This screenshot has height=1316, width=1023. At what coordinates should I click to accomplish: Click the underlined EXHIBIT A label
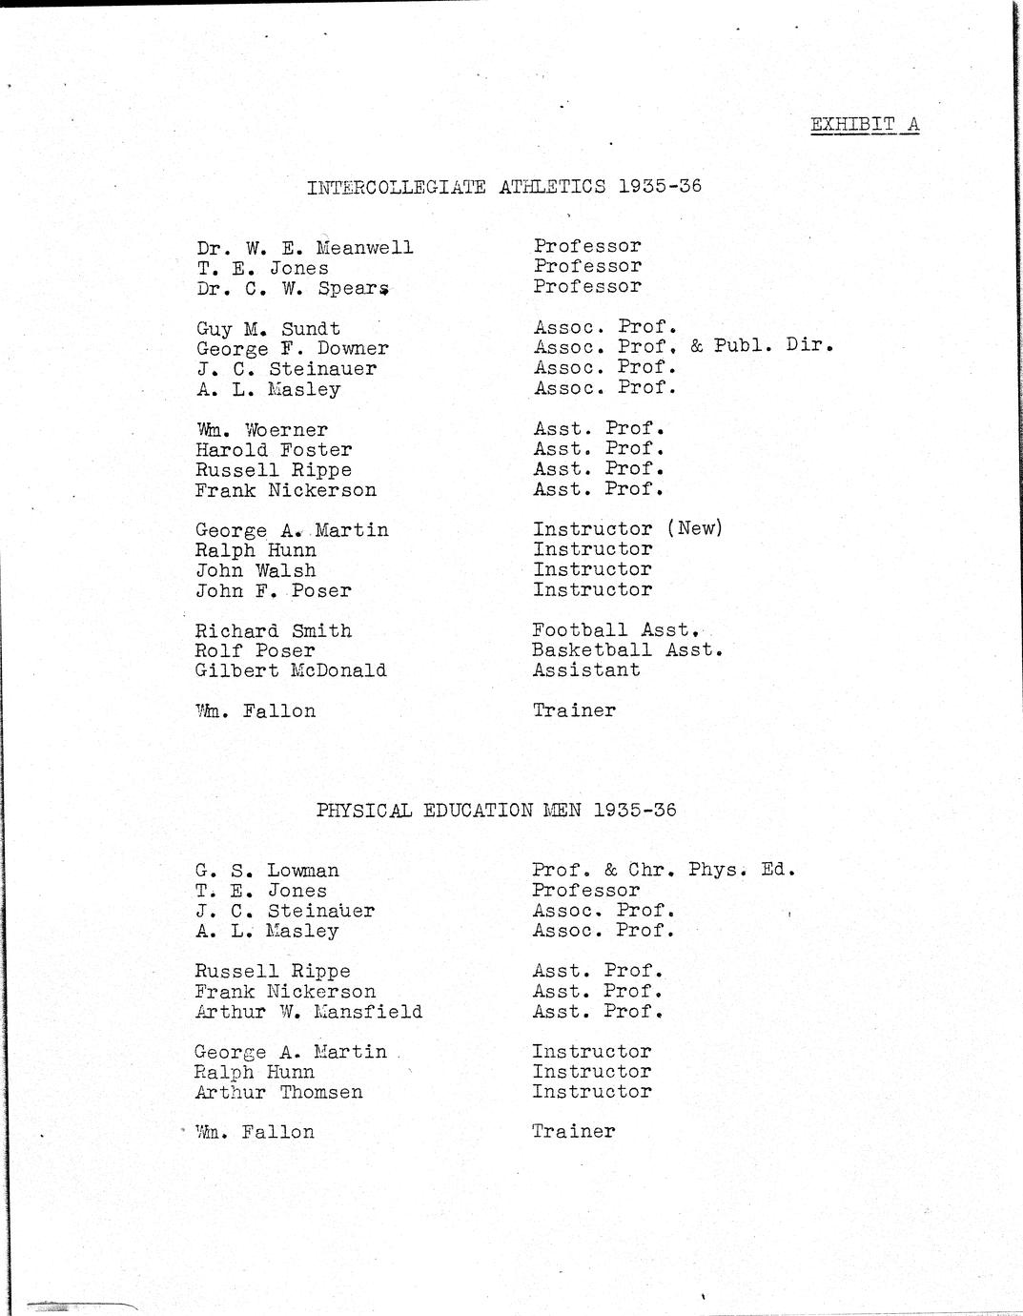click(865, 125)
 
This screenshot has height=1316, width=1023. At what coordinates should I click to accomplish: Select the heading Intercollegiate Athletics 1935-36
click(503, 186)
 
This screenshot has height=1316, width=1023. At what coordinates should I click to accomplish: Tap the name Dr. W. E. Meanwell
click(305, 248)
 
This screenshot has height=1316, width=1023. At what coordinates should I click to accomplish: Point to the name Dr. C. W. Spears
click(294, 288)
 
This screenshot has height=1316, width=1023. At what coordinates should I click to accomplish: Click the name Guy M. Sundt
click(268, 329)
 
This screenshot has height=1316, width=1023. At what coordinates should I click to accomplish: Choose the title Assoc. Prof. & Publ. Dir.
click(683, 347)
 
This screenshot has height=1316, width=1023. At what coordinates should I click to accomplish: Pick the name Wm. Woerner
click(261, 430)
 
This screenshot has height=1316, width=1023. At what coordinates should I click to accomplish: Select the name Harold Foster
click(274, 449)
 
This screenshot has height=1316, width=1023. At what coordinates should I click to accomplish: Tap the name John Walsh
click(256, 570)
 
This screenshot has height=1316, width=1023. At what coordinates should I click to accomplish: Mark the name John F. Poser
click(274, 590)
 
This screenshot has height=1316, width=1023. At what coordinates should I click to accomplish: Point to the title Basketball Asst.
click(627, 650)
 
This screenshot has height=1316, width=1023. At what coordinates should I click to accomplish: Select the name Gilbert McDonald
click(291, 670)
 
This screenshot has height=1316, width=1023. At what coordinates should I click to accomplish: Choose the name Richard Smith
click(274, 630)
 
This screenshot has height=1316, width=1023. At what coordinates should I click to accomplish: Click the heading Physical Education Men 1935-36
click(496, 811)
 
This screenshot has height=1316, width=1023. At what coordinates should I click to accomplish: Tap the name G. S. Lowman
click(267, 871)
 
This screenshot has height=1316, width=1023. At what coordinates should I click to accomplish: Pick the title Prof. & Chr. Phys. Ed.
click(663, 870)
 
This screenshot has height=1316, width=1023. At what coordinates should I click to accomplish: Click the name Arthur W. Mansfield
click(308, 1012)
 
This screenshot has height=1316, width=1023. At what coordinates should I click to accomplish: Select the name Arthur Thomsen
click(278, 1092)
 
